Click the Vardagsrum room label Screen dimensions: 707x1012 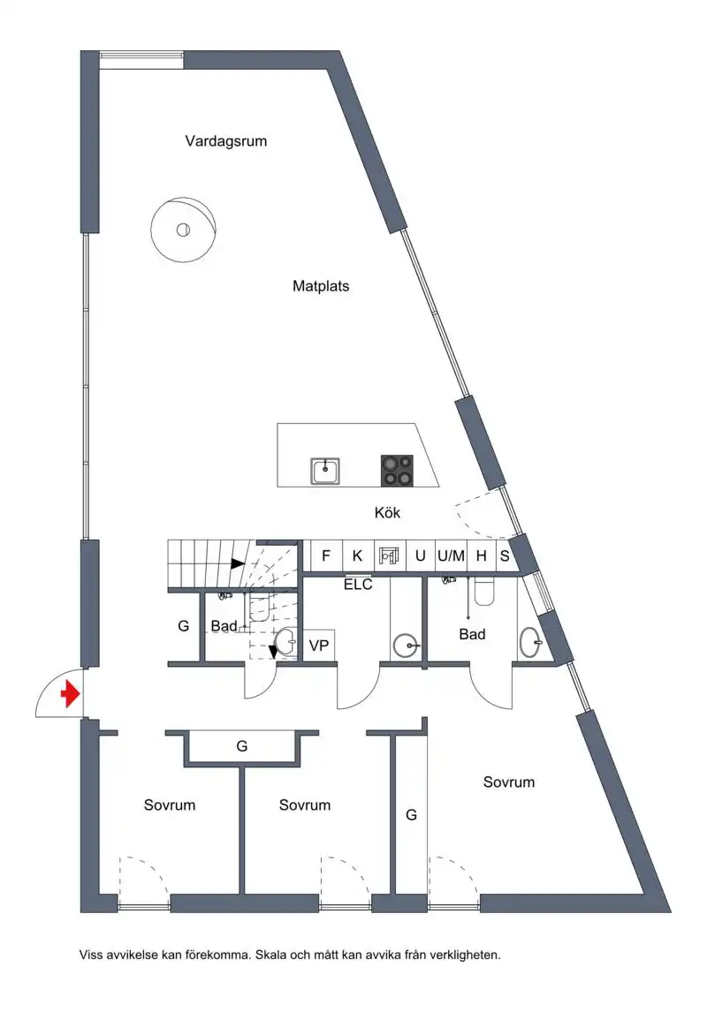point(226,141)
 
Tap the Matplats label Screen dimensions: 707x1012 point(321,286)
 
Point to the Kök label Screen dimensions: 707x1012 point(387,512)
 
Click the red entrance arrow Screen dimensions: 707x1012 point(70,694)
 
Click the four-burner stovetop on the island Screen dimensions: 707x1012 point(397,471)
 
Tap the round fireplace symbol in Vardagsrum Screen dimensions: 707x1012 point(183,230)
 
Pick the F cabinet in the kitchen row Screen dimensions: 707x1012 point(326,555)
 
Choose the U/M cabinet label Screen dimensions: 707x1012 point(451,555)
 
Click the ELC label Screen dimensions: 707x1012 point(358,585)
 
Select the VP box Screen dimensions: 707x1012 point(319,645)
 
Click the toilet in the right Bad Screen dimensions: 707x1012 point(484,592)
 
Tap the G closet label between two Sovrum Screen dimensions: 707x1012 point(242,746)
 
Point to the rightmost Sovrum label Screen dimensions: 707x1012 point(509,782)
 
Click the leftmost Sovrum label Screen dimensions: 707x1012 point(169,804)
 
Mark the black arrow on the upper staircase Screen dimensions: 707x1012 point(238,563)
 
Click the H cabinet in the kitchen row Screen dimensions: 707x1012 point(481,555)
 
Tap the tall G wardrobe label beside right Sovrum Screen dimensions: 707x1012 point(411,815)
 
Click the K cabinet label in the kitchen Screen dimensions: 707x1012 point(357,555)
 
